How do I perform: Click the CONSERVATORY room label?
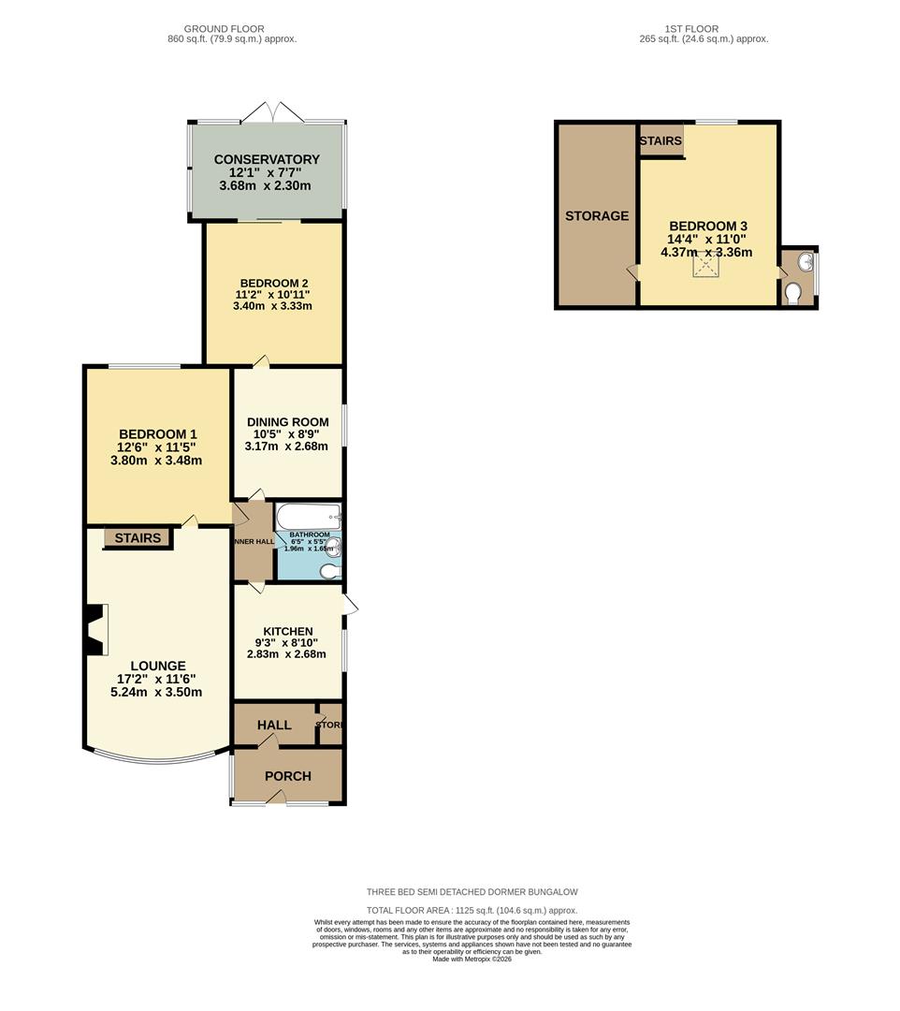[267, 160]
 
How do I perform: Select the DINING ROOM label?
[287, 422]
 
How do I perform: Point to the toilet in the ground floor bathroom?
[330, 570]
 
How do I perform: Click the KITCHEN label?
[287, 631]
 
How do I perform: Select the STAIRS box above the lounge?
[138, 538]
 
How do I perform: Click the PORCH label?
[287, 776]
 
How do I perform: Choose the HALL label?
[274, 725]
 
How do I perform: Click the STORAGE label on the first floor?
[597, 216]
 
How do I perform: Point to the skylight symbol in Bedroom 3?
[705, 266]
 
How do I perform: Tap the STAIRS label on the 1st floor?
[660, 140]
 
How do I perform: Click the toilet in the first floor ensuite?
[794, 294]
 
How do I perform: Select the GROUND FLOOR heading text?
[224, 29]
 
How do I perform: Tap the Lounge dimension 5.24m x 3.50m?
[156, 693]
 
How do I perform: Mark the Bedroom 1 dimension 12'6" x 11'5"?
[157, 447]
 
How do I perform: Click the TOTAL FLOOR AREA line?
[472, 910]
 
